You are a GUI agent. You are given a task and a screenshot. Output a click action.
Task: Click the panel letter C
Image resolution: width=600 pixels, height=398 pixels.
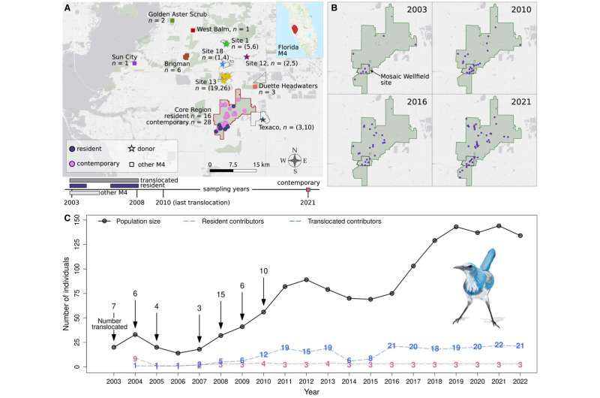[67, 219]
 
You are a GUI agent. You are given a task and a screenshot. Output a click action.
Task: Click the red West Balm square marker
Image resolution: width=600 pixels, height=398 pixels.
[193, 30]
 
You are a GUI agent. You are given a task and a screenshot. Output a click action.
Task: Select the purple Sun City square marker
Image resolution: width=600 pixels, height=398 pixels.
[133, 63]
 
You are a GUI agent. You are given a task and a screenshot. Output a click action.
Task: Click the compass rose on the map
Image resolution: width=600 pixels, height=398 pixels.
[295, 160]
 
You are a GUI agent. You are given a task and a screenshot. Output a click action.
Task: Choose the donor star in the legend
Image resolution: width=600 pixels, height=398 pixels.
[131, 149]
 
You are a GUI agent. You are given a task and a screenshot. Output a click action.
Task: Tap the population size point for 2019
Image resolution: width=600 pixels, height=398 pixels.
[455, 227]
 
